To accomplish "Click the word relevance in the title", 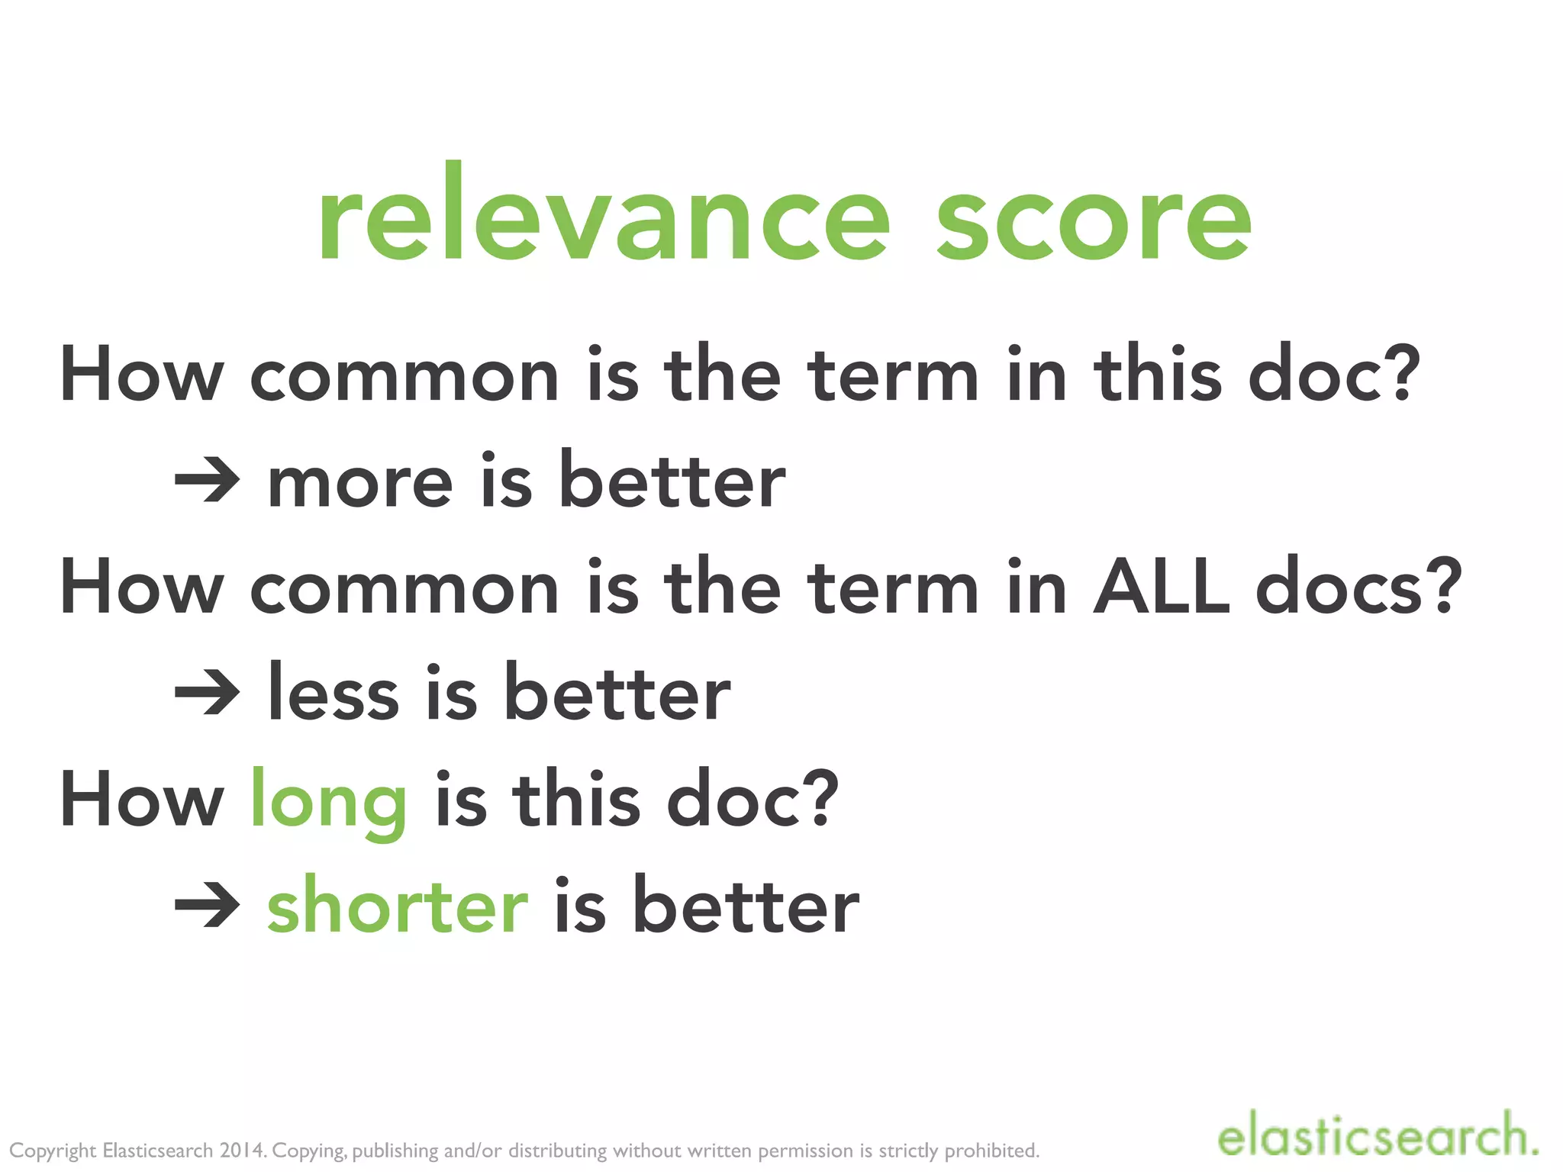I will (x=603, y=217).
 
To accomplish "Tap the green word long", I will (x=328, y=803).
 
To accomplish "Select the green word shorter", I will (x=398, y=906).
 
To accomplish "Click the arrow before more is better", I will (x=207, y=481).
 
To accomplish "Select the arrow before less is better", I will (x=207, y=693).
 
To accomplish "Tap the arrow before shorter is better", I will (x=207, y=906).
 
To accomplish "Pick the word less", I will (x=334, y=693).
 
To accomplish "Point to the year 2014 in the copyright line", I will (x=243, y=1150).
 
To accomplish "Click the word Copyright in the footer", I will (x=53, y=1151).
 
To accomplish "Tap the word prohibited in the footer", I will (x=991, y=1150).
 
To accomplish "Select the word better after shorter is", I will (x=746, y=906).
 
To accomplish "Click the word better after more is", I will (x=672, y=481).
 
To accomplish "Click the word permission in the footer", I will (x=807, y=1151).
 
